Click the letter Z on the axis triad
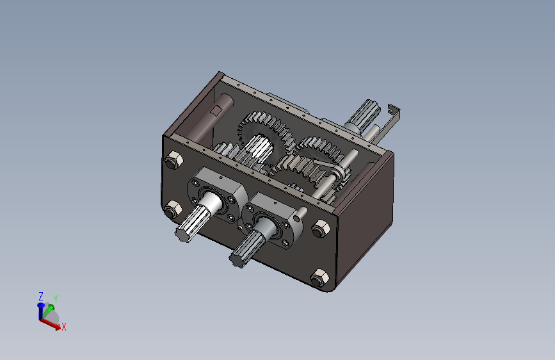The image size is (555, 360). click(x=41, y=296)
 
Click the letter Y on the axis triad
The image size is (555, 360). click(x=56, y=299)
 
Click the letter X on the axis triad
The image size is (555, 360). click(x=64, y=327)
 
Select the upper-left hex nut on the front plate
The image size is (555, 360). click(x=173, y=160)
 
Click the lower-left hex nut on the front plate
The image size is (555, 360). click(x=173, y=209)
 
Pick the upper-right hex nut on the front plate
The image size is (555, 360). click(x=321, y=228)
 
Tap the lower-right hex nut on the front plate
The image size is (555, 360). click(x=319, y=277)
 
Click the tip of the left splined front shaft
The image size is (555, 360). click(x=182, y=234)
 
